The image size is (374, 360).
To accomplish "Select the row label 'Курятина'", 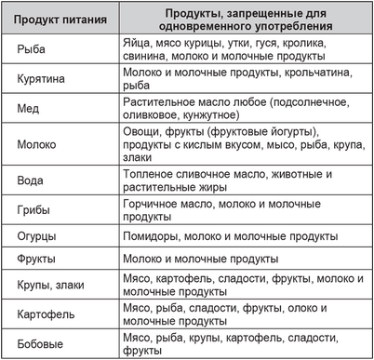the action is pos(45,80).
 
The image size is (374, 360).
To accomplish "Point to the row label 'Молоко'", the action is pos(38,144).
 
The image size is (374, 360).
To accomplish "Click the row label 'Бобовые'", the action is pos(43,343).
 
